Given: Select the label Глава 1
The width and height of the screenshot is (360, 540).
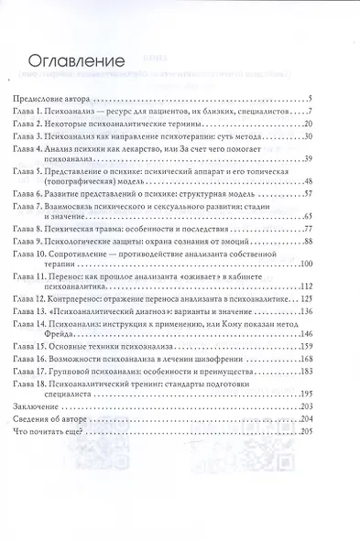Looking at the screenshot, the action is (x=32, y=110).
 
